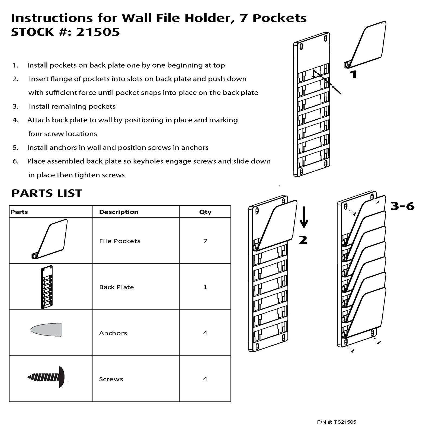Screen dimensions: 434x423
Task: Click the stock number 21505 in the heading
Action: click(98, 32)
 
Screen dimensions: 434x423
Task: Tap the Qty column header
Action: click(205, 212)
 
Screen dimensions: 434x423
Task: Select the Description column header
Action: click(118, 212)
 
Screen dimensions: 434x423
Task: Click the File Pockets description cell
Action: click(120, 241)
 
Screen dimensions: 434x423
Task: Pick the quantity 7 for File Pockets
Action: click(205, 241)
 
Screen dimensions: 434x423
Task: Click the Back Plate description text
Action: click(116, 287)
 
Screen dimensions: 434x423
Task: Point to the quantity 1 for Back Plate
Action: click(205, 287)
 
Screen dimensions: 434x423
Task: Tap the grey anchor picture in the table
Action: click(47, 329)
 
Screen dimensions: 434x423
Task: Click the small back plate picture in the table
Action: click(47, 287)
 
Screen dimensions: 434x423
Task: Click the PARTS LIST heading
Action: click(46, 193)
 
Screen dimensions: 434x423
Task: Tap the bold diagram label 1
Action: click(353, 74)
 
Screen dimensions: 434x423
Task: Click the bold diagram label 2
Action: click(303, 240)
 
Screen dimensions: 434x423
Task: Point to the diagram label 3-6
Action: click(402, 206)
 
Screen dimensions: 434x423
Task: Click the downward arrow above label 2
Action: click(304, 217)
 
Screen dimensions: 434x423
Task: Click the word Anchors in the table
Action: click(113, 333)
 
